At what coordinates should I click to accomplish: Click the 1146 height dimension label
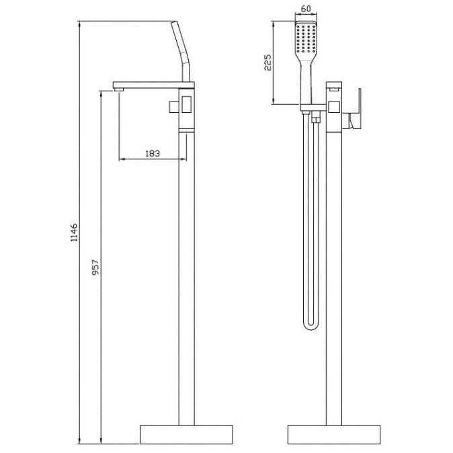coord(74,232)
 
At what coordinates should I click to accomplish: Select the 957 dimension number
coord(95,267)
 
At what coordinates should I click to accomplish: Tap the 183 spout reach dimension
coord(153,153)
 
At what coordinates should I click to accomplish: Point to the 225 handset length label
coord(267,63)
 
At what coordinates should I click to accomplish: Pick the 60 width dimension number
coord(306,9)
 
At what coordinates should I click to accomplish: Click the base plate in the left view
coord(186,434)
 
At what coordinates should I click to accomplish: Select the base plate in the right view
coord(333,434)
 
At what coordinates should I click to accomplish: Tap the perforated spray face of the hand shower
coord(306,38)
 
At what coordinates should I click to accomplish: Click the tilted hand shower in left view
coord(181,51)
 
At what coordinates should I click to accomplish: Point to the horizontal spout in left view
coord(153,85)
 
